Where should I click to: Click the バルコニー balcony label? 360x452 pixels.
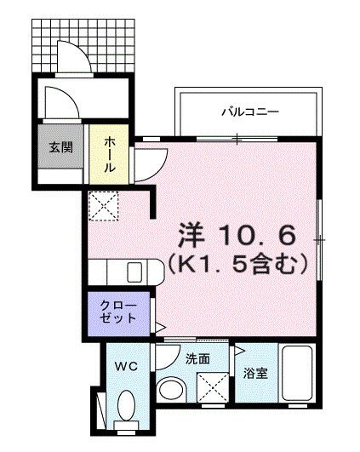pyautogui.click(x=250, y=112)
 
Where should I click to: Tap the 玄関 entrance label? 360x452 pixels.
pyautogui.click(x=60, y=147)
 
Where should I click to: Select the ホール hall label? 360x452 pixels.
pyautogui.click(x=110, y=156)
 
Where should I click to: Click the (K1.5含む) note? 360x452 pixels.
pyautogui.click(x=236, y=266)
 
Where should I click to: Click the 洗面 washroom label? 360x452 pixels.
pyautogui.click(x=197, y=358)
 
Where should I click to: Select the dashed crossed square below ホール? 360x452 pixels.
pyautogui.click(x=106, y=205)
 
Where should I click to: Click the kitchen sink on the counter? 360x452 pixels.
pyautogui.click(x=134, y=272)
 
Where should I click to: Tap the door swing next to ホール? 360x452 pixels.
pyautogui.click(x=149, y=163)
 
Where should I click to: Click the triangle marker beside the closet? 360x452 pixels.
pyautogui.click(x=159, y=326)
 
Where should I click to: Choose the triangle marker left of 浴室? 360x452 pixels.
pyautogui.click(x=237, y=350)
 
